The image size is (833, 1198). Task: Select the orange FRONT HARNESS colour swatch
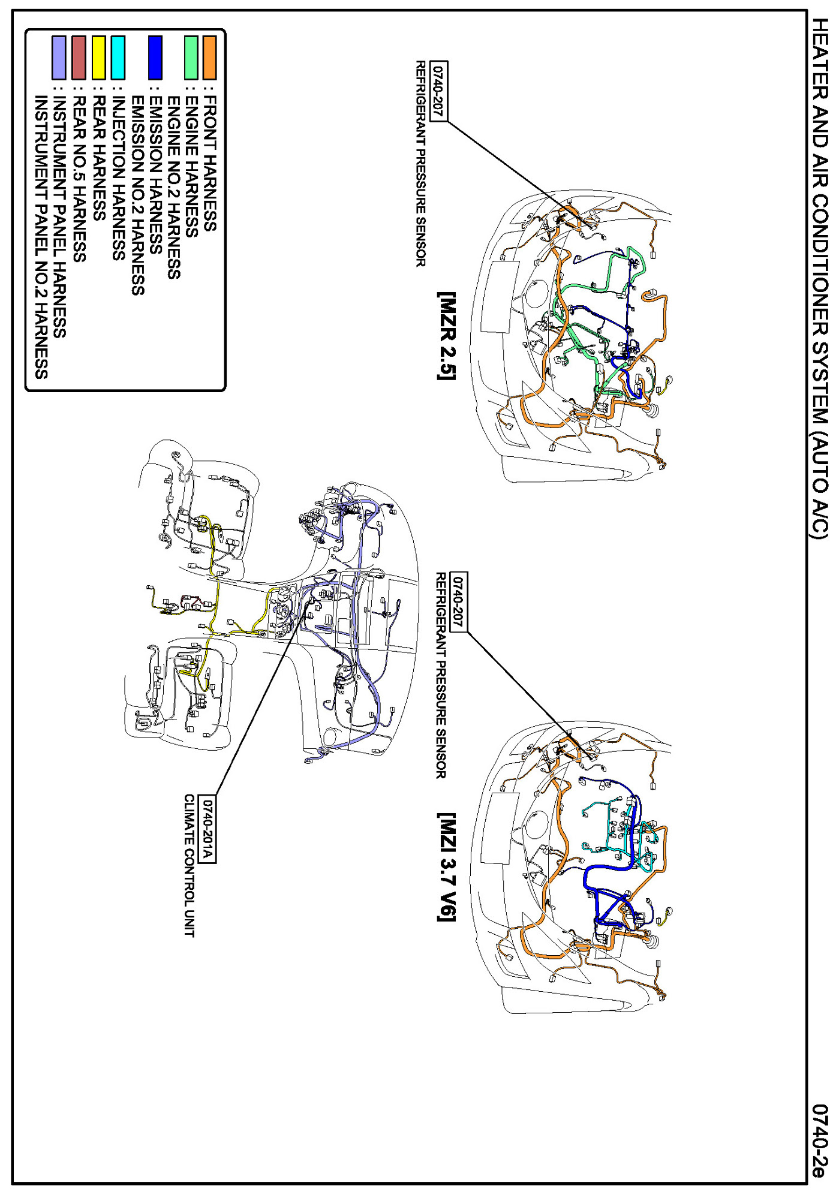click(209, 58)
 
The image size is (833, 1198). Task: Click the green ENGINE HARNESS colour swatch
click(191, 58)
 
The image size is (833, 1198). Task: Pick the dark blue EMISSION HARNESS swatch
click(155, 58)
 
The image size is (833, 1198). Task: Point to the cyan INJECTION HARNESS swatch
click(118, 58)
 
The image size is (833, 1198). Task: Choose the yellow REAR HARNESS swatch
click(99, 58)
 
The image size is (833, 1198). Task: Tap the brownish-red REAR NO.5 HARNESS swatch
click(79, 58)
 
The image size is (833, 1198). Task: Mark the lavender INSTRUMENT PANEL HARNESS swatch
click(59, 58)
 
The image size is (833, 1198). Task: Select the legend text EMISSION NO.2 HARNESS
click(138, 195)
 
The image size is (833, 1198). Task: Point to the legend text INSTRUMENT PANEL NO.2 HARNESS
click(41, 237)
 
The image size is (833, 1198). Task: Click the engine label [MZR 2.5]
click(447, 336)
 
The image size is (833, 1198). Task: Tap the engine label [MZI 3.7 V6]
click(447, 866)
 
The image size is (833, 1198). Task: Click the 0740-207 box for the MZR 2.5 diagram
click(439, 91)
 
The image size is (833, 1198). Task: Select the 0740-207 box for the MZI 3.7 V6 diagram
click(458, 601)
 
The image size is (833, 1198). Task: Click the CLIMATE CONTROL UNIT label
click(190, 865)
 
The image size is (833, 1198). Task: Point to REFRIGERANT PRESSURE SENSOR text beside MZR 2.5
click(421, 163)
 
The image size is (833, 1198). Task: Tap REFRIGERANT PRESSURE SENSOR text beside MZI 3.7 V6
click(441, 675)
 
